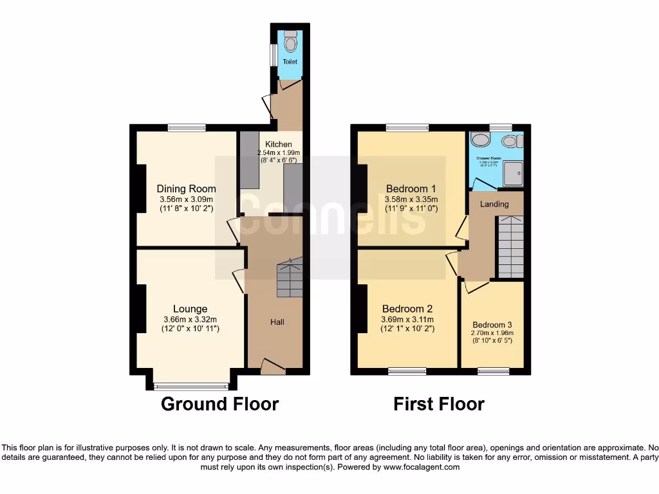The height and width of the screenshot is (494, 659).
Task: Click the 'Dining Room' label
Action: click(x=186, y=189)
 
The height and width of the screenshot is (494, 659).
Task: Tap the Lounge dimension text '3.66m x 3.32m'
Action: click(x=189, y=319)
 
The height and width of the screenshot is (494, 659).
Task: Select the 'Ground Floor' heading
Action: click(x=219, y=404)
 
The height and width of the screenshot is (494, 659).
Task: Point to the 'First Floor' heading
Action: click(x=439, y=404)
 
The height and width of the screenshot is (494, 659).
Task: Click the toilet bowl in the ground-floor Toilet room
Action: click(x=290, y=42)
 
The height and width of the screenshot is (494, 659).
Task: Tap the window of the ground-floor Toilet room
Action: click(x=274, y=54)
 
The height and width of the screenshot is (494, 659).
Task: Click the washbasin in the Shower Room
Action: click(x=479, y=140)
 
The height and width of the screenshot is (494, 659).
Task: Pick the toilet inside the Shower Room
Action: click(x=510, y=141)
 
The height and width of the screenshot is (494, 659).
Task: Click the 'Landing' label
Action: click(x=495, y=204)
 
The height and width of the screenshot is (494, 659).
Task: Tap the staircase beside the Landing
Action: click(x=511, y=247)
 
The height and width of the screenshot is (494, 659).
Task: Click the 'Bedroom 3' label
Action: click(x=492, y=325)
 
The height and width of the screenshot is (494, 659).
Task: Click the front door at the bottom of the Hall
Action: click(x=273, y=368)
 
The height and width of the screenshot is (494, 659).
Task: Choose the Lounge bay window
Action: click(x=191, y=386)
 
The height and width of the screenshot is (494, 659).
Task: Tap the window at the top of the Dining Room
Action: click(x=187, y=127)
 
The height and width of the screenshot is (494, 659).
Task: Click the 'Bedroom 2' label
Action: click(x=407, y=309)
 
